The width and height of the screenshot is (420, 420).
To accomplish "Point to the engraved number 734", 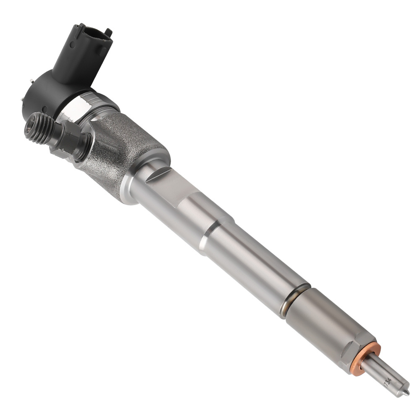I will [387, 383].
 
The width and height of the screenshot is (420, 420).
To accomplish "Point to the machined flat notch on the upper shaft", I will [168, 185].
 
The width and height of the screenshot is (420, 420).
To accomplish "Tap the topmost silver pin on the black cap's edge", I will [32, 80].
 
